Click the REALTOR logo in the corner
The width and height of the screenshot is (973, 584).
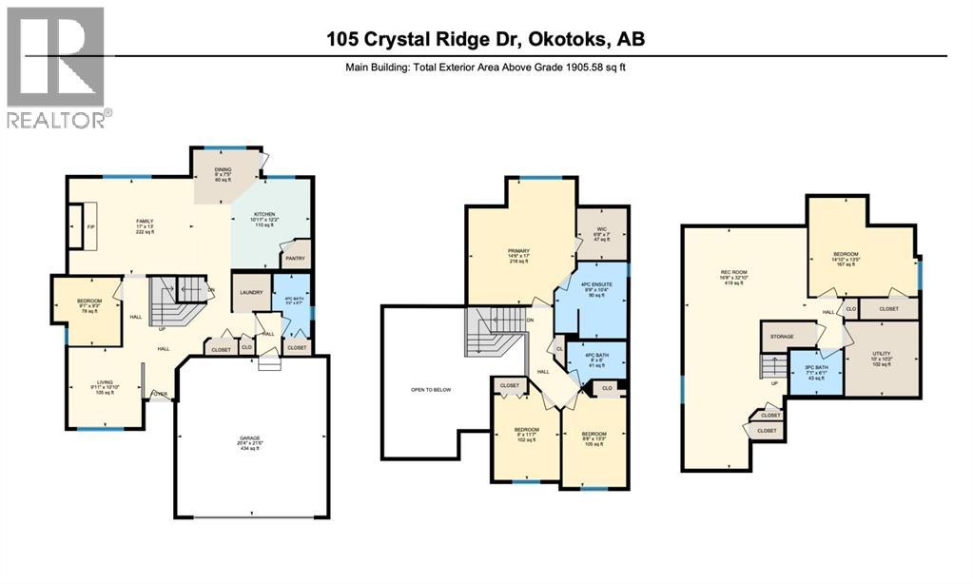coord(57,67)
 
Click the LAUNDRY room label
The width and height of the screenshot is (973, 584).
coord(251,294)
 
